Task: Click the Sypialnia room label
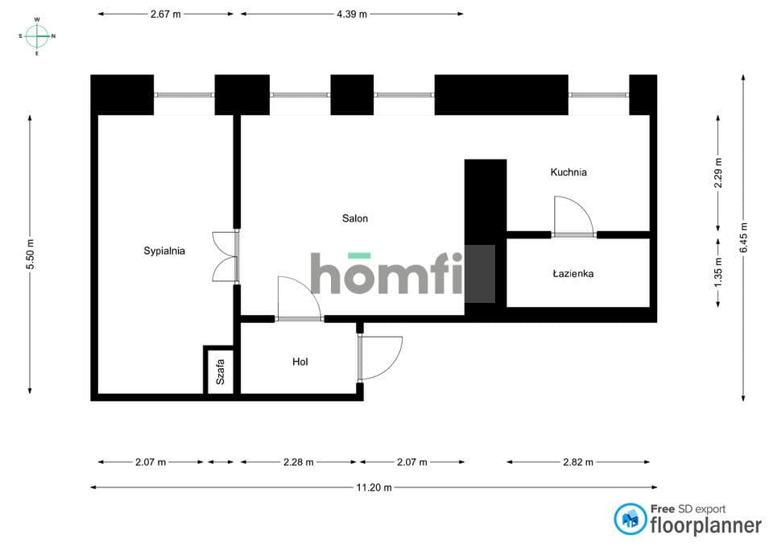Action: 164,251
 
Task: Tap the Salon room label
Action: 355,218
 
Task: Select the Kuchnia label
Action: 568,172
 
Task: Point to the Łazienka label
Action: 573,274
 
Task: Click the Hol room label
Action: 300,362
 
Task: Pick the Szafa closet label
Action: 221,372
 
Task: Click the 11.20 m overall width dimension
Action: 374,487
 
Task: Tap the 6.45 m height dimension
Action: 743,238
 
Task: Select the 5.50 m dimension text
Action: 31,255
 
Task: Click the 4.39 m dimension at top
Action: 352,15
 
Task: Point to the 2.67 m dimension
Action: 166,15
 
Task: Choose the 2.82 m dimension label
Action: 578,462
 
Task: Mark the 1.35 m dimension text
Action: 718,273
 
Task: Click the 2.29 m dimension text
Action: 718,172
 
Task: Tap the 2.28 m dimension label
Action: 298,462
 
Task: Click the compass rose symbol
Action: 37,36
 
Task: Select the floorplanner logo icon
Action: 630,519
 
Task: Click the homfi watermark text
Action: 387,273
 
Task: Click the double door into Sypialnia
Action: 225,256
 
